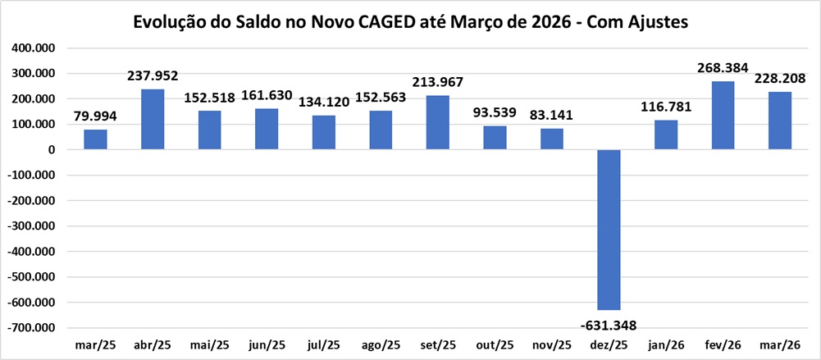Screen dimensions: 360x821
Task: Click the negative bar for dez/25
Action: (x=609, y=230)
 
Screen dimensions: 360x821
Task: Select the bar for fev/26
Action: (x=723, y=116)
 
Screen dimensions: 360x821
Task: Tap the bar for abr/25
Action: (x=153, y=120)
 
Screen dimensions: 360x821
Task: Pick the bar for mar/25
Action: (x=95, y=139)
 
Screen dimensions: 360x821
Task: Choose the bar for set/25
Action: (x=438, y=123)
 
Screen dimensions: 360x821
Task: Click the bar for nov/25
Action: (x=551, y=139)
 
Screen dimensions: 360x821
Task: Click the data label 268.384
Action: (x=723, y=68)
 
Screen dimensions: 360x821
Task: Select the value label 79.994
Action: (x=95, y=116)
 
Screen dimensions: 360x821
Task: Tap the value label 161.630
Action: (x=267, y=96)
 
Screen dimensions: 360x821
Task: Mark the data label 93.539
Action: (x=495, y=113)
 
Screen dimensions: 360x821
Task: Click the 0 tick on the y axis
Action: (x=51, y=150)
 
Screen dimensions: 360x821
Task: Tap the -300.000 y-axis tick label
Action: (x=30, y=226)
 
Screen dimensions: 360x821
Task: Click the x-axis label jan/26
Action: (x=666, y=344)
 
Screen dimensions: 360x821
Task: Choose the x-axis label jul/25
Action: (x=323, y=344)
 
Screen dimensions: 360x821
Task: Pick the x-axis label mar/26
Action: (x=780, y=344)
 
